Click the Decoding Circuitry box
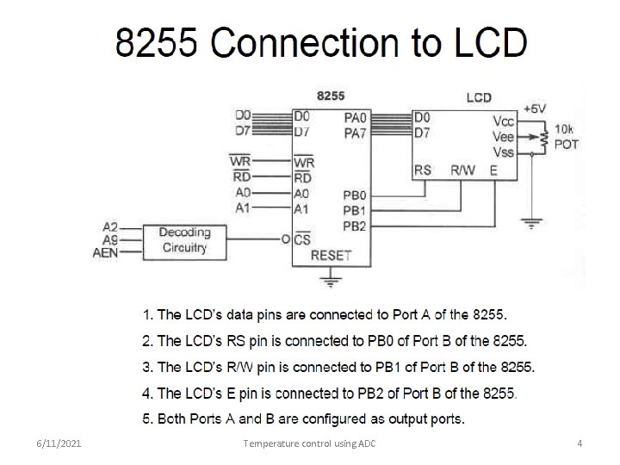tap(184, 240)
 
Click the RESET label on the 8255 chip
tap(331, 256)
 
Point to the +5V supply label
tap(534, 108)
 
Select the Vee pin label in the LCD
tap(504, 136)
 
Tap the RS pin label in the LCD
tap(423, 170)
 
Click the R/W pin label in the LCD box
tap(462, 170)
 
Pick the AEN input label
tap(105, 253)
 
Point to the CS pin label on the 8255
tap(302, 239)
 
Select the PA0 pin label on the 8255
tap(355, 115)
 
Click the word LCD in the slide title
tap(487, 43)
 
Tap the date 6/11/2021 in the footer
tap(59, 443)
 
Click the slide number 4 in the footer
tap(580, 443)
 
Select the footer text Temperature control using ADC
tap(309, 443)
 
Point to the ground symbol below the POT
tap(532, 223)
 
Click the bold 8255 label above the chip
tap(331, 96)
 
